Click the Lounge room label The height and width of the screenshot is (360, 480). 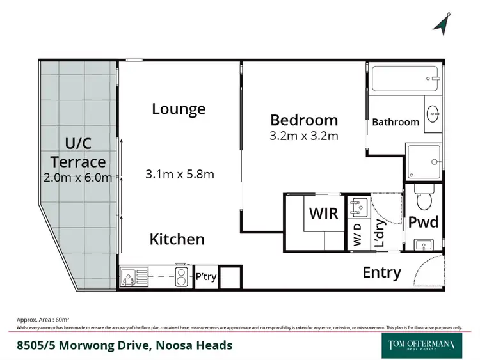179,109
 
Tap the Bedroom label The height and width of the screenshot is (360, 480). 304,120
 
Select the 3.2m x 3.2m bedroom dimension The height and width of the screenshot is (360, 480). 304,136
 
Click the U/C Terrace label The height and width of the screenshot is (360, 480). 78,152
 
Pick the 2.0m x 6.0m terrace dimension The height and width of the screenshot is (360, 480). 78,177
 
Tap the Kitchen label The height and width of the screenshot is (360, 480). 177,239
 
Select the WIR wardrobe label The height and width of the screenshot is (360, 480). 324,212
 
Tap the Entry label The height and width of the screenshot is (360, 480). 381,272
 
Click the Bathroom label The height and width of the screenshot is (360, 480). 396,122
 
